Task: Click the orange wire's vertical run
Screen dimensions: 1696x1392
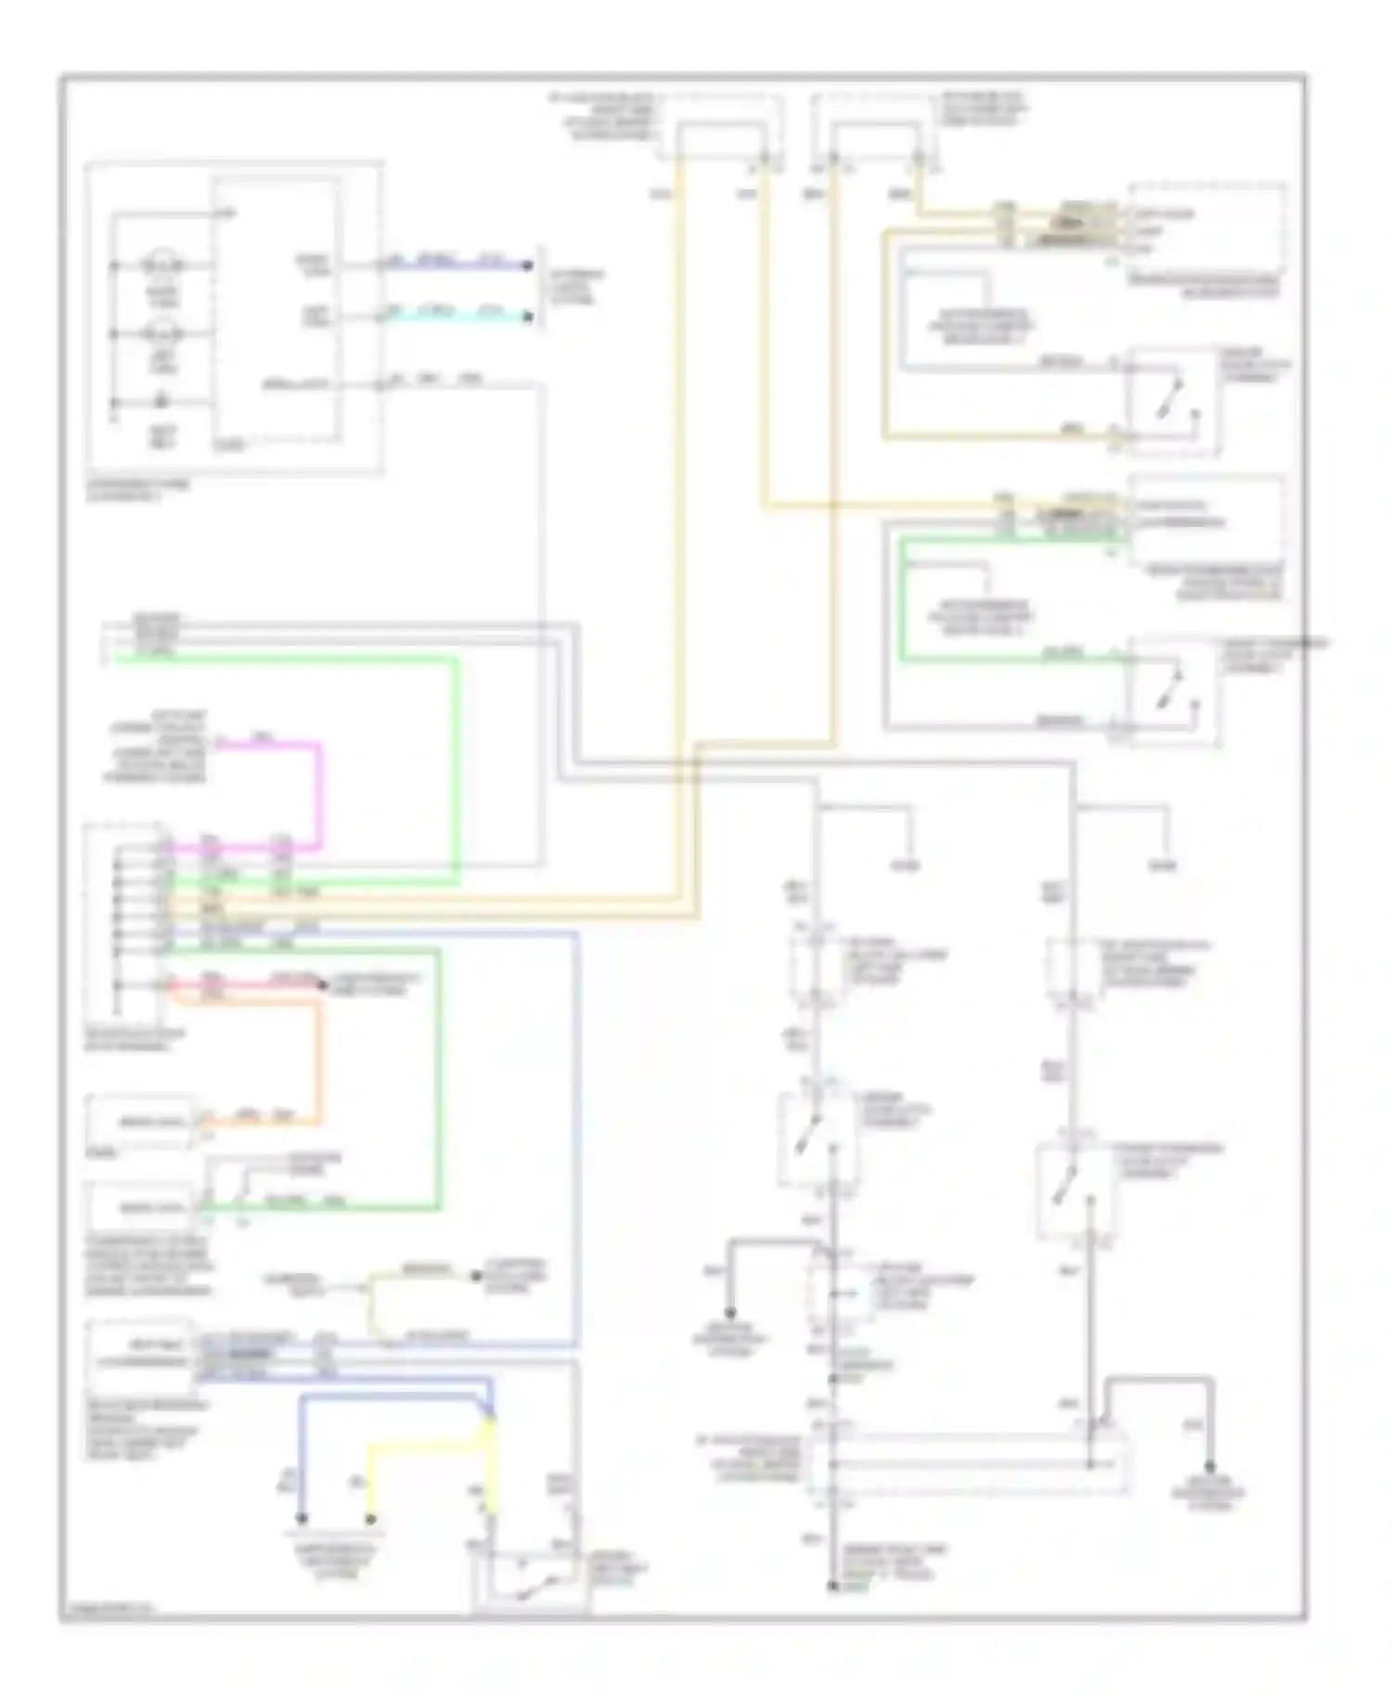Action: click(x=320, y=1058)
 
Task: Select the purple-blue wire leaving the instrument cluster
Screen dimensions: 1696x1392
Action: click(x=455, y=265)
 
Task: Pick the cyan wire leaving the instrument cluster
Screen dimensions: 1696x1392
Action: click(x=455, y=317)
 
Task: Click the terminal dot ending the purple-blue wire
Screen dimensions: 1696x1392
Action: click(x=527, y=265)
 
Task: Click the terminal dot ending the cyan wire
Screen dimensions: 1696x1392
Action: click(x=527, y=317)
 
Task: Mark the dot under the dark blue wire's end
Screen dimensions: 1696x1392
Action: click(x=302, y=1519)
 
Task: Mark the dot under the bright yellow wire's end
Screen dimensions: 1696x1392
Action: click(x=369, y=1519)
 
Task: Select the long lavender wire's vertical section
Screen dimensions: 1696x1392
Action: click(x=577, y=1141)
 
